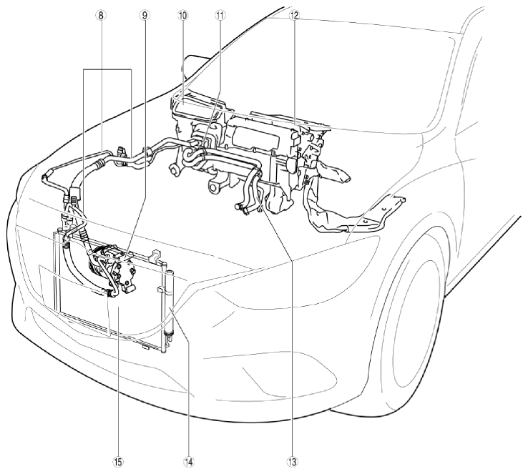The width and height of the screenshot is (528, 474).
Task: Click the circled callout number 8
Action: (101, 15)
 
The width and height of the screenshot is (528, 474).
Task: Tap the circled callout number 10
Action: (184, 15)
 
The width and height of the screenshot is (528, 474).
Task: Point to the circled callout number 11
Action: (221, 15)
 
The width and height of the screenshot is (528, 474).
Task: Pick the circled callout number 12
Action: (293, 15)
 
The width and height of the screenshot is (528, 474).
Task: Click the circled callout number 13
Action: (293, 462)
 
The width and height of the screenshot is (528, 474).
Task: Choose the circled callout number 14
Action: (189, 462)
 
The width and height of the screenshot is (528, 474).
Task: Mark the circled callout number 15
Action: (118, 462)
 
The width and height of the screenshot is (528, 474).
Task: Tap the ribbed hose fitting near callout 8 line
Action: (99, 164)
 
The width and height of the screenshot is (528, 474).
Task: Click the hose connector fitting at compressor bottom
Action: (109, 293)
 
